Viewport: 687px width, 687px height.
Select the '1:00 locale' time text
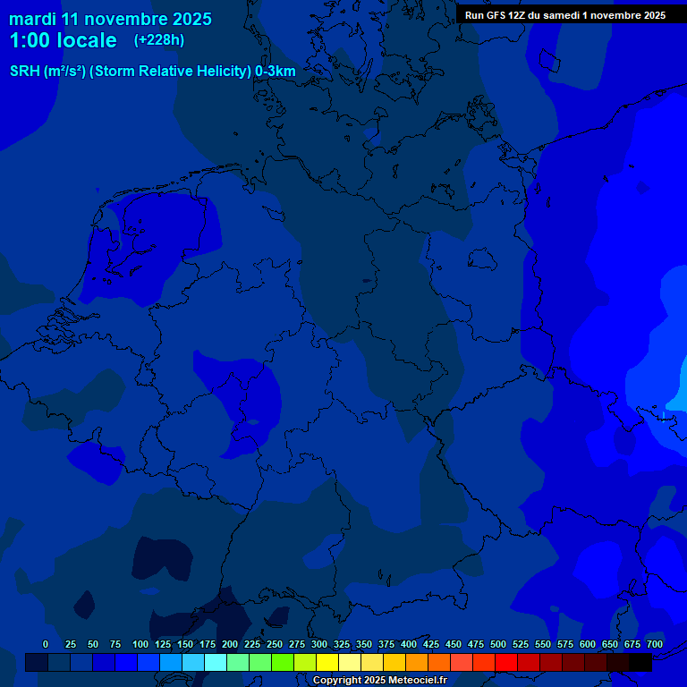(x=63, y=40)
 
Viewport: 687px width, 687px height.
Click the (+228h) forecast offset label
(x=159, y=39)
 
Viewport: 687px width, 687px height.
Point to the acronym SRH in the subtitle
(x=24, y=72)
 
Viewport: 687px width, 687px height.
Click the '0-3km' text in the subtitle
(x=276, y=72)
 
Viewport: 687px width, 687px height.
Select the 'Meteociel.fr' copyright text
(x=412, y=681)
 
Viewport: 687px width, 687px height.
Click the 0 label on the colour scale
(x=46, y=644)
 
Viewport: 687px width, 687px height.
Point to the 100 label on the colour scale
(x=140, y=644)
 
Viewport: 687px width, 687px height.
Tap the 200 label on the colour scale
(x=230, y=644)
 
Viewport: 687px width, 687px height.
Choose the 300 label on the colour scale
(x=319, y=644)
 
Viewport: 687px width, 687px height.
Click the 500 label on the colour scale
(x=498, y=644)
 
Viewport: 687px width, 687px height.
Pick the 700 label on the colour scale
(x=655, y=644)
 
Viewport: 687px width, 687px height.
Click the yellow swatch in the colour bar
(x=327, y=662)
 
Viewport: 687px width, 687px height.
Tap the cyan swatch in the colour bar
(x=216, y=662)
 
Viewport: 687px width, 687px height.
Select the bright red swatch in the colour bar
(x=506, y=662)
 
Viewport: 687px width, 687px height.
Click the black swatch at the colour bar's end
(x=640, y=662)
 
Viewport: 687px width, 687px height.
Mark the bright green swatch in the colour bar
(x=283, y=662)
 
